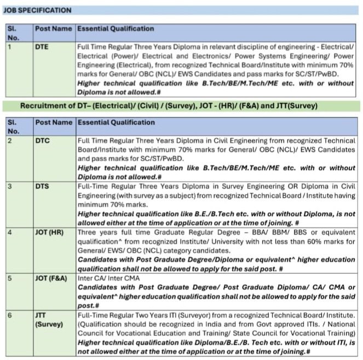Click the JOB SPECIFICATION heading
coord(38,10)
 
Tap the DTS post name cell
coord(42,186)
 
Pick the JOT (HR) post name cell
coord(50,232)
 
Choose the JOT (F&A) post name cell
coord(51,278)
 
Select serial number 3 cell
coord(9,186)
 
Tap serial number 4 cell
coord(9,232)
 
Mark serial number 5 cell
coord(9,278)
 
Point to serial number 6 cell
coord(9,316)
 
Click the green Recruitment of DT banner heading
coord(168,106)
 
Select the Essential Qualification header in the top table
coord(115,28)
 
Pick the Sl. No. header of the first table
coord(14,33)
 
